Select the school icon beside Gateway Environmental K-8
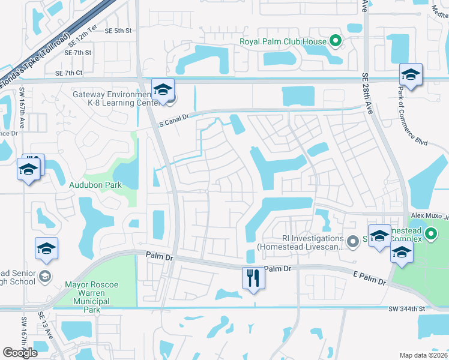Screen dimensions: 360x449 pos(162,89)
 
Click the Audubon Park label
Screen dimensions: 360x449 pos(96,185)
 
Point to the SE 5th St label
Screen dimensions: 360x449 pos(117,31)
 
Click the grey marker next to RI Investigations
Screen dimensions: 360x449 pos(353,241)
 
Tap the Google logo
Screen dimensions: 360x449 pos(20,353)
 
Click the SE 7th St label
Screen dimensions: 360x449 pos(79,53)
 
